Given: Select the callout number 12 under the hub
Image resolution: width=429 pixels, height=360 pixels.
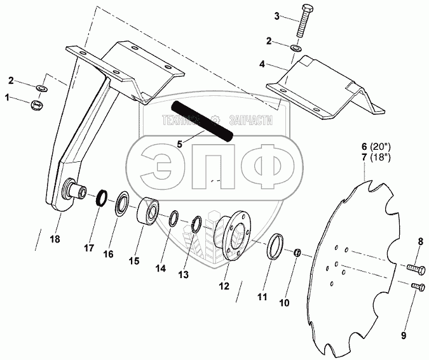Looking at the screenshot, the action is (223, 286).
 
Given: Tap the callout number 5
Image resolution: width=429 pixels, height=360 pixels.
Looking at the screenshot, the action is (180, 144).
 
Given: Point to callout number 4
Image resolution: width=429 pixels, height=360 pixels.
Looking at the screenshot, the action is (262, 64).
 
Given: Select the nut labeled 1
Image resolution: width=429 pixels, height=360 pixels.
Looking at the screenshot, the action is (37, 103).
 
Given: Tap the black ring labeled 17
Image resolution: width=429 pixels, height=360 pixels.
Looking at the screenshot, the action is (100, 199).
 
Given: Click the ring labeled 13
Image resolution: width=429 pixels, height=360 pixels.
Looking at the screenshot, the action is (198, 224).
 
